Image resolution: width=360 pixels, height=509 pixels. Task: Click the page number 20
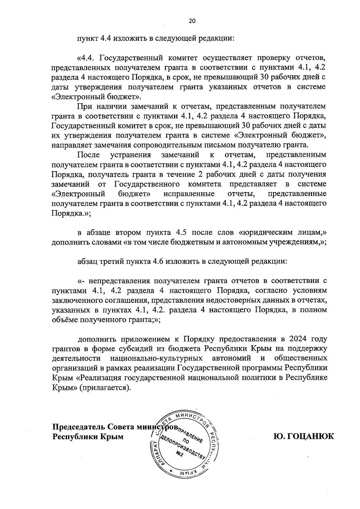[x=192, y=21]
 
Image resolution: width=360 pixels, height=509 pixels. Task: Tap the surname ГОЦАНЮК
[x=303, y=436]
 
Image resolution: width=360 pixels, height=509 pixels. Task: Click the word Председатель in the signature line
[x=79, y=427]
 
